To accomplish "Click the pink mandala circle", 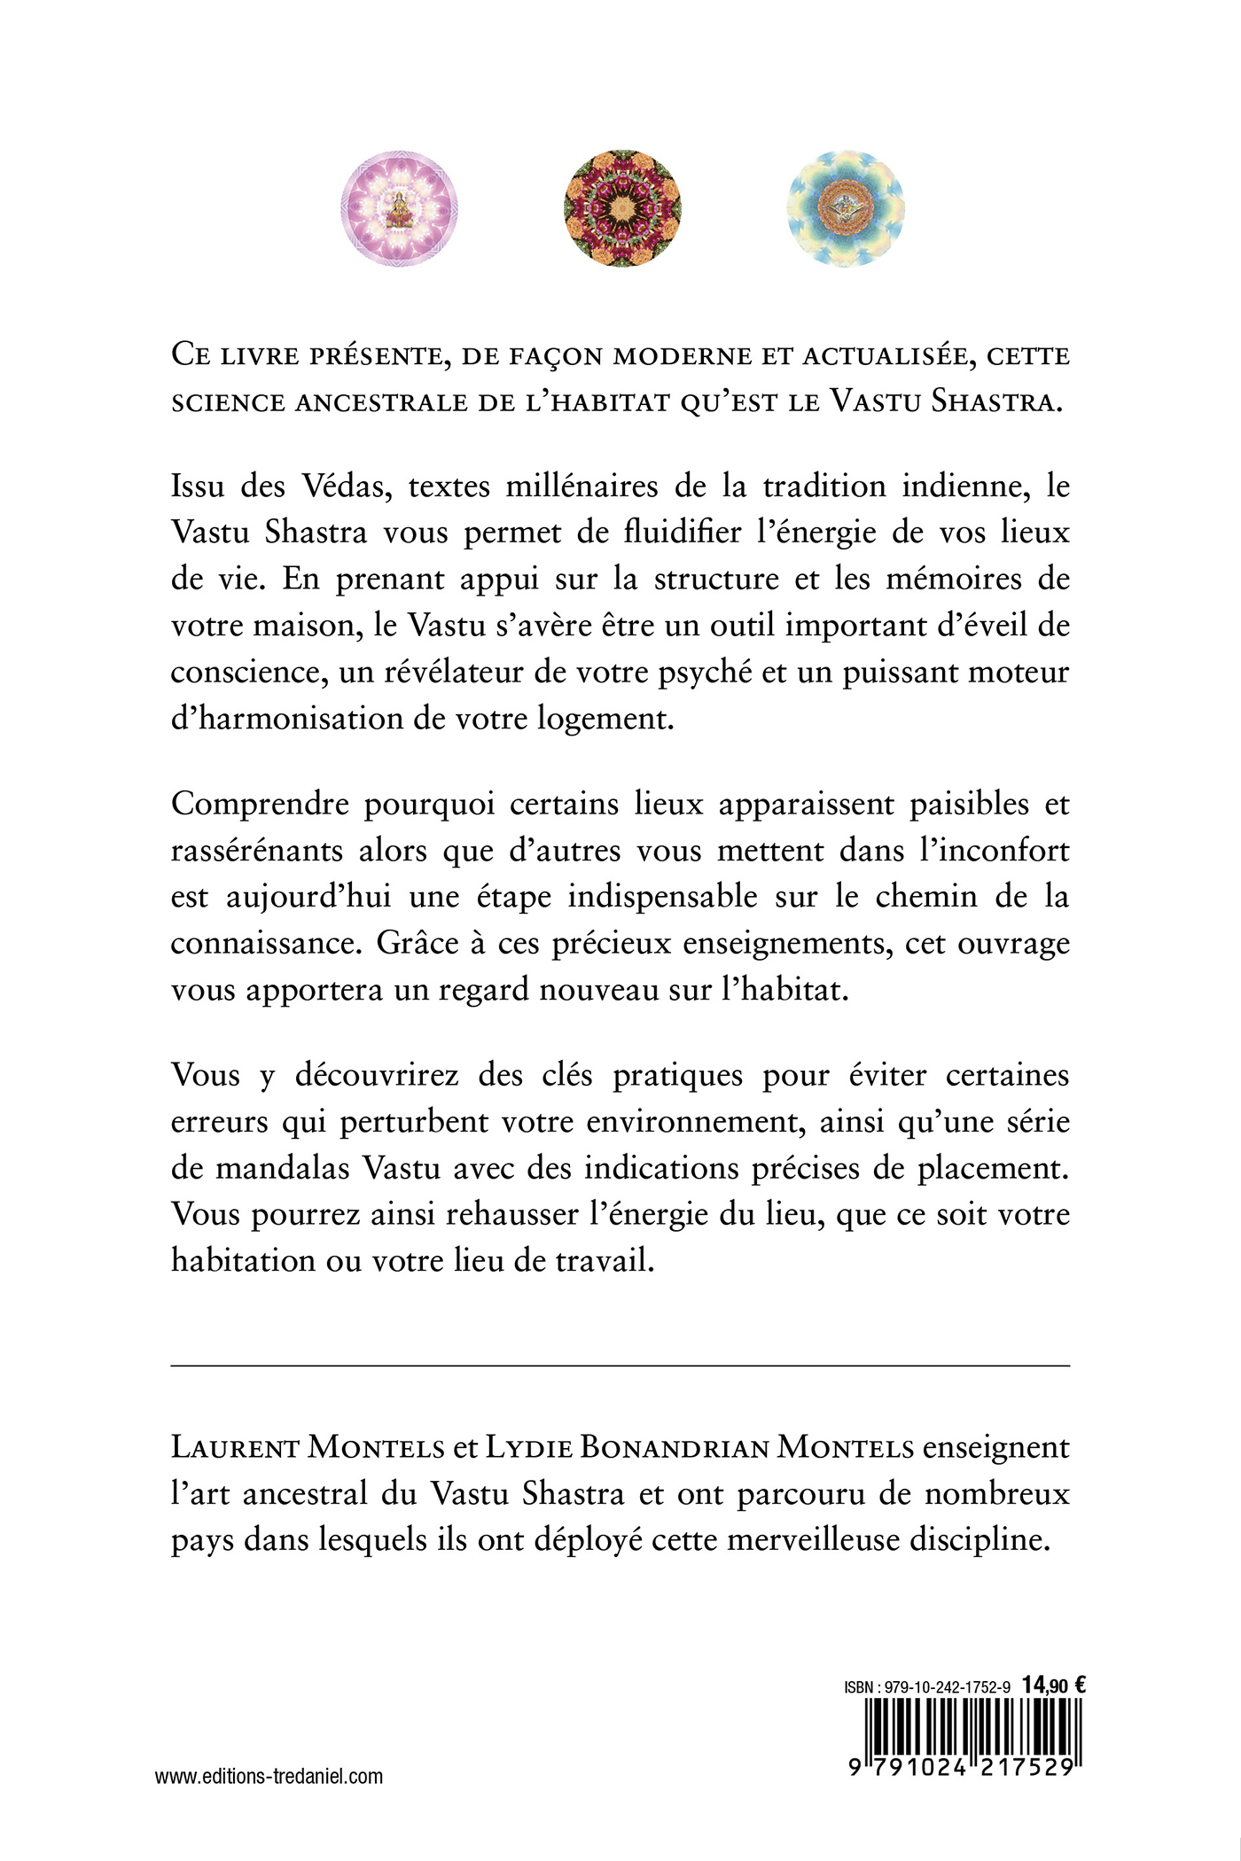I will point(399,209).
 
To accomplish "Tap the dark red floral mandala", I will point(623,209).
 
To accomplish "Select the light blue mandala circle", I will point(846,209).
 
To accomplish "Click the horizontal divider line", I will point(620,1367).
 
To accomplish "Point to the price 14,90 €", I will point(1054,1686).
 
